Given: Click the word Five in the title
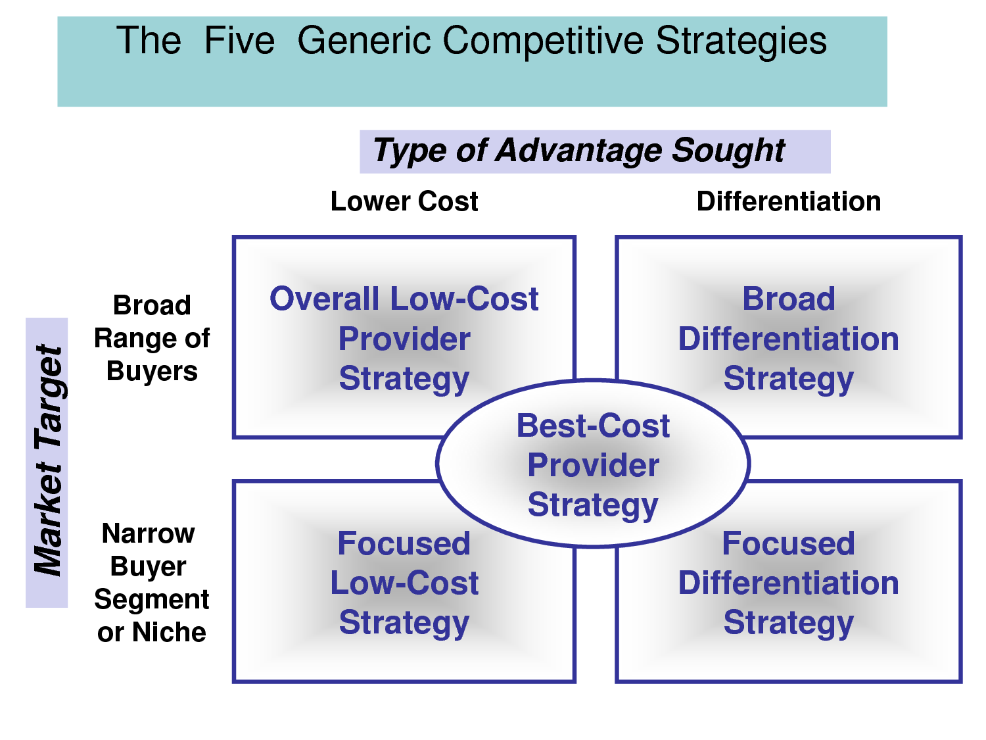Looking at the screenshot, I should pos(239,41).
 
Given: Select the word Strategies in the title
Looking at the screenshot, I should pos(741,41).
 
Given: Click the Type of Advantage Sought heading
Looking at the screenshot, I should pos(578,151).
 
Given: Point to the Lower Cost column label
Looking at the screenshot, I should pos(404,201).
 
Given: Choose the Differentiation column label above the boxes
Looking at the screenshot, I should pos(788,201).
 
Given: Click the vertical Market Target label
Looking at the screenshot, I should pos(47,460).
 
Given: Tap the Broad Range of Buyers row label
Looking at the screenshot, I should pos(152,338).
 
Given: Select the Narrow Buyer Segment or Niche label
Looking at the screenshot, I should pos(151,582).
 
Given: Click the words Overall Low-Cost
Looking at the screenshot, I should pos(404,299).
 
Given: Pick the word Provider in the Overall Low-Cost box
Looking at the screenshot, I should pos(404,339).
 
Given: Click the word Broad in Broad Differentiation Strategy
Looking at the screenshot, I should pos(788,299).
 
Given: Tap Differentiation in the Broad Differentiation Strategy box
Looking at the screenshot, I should pos(788,339).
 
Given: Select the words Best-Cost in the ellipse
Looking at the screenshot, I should pos(593,426).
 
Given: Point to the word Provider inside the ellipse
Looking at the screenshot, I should pos(593,466).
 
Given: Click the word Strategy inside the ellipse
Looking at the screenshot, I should pos(593,505).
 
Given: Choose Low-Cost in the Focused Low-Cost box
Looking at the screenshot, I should pos(404,583).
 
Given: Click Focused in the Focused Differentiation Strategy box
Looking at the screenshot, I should pos(788,544).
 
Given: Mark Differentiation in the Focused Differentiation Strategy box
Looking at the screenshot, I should pos(788,583).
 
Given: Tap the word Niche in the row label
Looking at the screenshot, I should pos(169,632).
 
